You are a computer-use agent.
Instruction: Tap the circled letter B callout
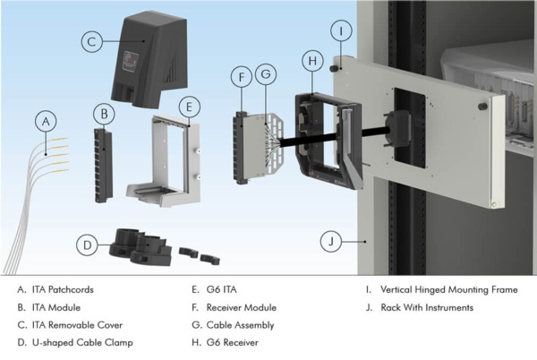(x=106, y=114)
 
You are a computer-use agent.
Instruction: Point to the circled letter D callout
(x=88, y=243)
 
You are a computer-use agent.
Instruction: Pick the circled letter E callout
(x=188, y=106)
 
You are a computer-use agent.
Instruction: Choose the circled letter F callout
(x=240, y=78)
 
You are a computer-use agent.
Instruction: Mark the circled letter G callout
(x=265, y=78)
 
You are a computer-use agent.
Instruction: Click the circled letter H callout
(x=311, y=60)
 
